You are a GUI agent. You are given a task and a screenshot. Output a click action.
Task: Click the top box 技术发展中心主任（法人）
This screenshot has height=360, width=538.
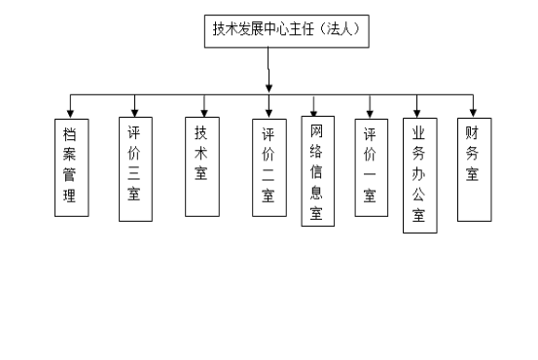[x=287, y=30]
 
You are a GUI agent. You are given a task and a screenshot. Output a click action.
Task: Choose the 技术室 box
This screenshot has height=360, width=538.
[x=201, y=162]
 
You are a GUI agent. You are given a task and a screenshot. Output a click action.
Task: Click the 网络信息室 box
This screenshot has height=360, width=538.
[x=317, y=172]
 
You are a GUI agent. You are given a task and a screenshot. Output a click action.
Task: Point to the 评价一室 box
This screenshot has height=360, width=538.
[x=370, y=166]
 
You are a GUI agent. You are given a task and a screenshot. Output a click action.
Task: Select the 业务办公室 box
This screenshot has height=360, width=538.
[x=419, y=175]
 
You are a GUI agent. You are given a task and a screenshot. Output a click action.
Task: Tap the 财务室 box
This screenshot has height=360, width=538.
[x=473, y=163]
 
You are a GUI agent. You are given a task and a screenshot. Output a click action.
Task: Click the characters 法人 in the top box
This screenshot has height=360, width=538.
[x=341, y=30]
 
